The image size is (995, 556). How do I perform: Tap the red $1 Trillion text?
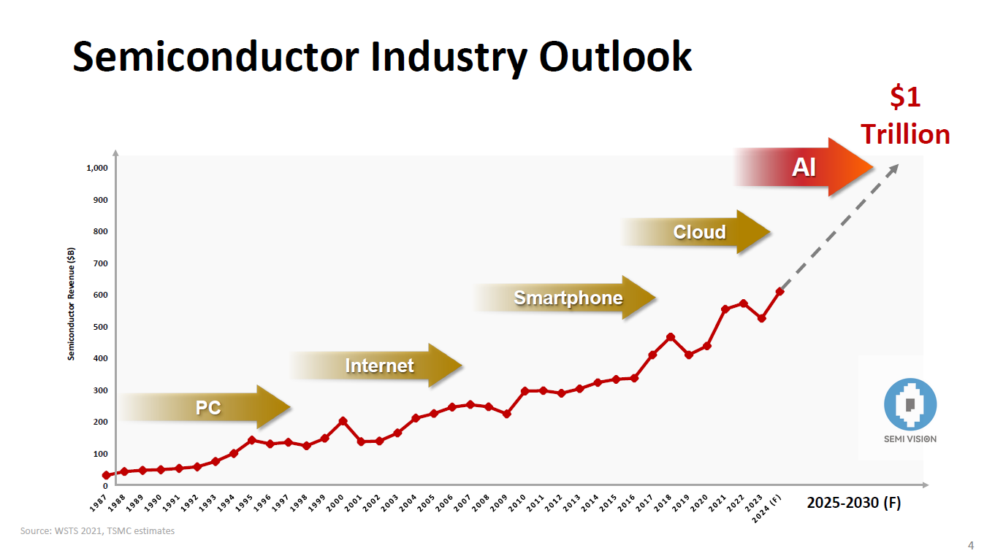coord(904,117)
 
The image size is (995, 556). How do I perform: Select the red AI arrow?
coord(804,168)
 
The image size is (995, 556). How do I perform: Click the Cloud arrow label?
coord(698,232)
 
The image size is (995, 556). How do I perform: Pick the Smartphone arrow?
coord(568,298)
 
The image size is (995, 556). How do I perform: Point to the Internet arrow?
coord(378,366)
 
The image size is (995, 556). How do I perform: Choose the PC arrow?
coord(207,407)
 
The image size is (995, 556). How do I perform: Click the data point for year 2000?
coord(343,421)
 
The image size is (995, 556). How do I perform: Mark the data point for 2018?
coord(670,337)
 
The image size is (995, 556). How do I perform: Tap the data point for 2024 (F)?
coord(779,292)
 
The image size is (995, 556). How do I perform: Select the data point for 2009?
coord(506,414)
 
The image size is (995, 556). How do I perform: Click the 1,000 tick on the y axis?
coord(96,168)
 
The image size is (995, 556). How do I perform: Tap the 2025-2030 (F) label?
coord(853,503)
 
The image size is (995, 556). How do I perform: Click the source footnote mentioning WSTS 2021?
coord(97,531)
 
